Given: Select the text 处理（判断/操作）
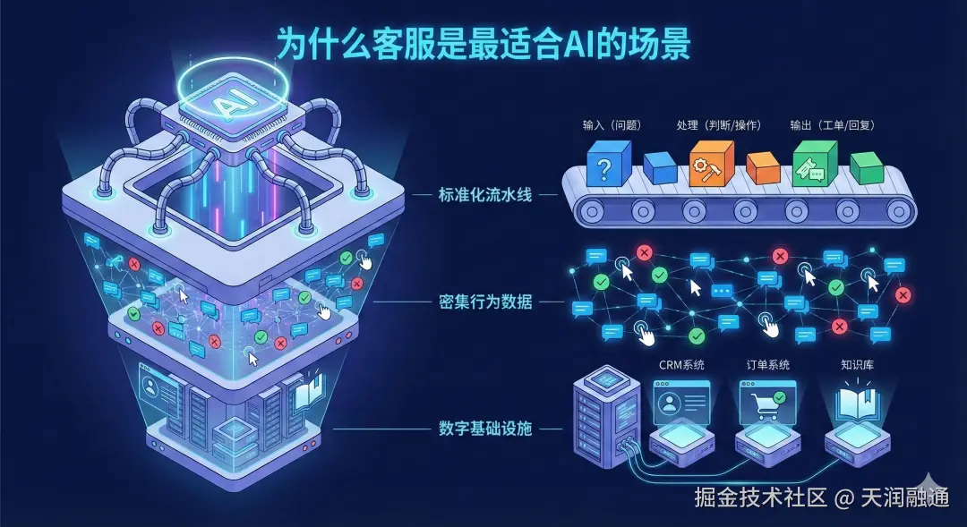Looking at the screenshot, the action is click(x=718, y=125).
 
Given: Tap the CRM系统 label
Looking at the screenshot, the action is click(x=681, y=364).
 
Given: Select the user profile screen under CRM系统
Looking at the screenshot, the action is click(x=680, y=402).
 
